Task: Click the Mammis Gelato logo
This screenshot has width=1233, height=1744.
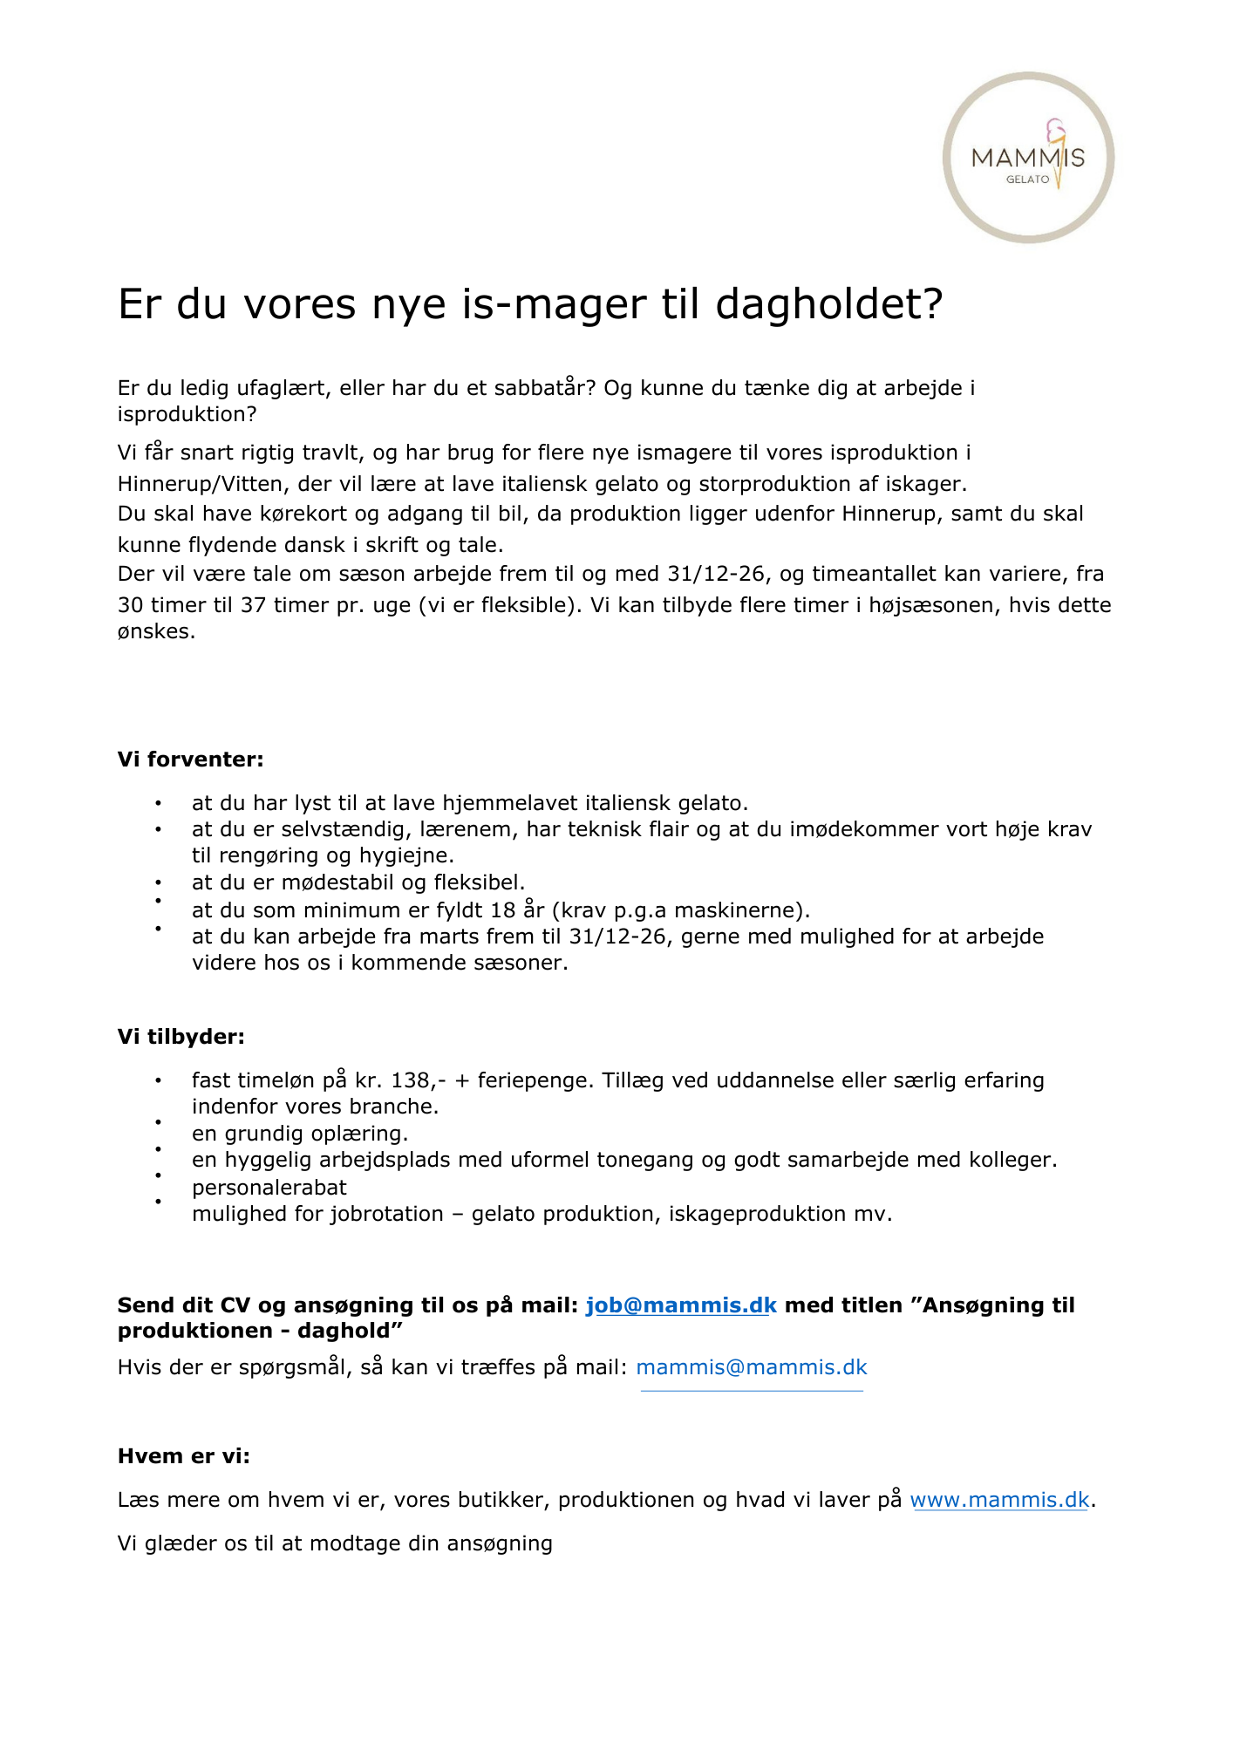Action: pos(1028,158)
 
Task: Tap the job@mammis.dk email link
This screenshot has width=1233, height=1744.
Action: pos(680,1305)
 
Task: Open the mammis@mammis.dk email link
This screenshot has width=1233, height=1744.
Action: pos(751,1367)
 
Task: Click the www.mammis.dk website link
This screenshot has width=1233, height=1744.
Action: pos(999,1500)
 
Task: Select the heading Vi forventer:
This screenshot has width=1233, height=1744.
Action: pos(190,760)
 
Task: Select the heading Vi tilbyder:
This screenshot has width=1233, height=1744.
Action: pos(181,1037)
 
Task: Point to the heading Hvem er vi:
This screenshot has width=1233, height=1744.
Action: pos(183,1456)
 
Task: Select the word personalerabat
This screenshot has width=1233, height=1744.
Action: pos(269,1188)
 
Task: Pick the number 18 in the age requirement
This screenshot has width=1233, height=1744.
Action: pos(503,910)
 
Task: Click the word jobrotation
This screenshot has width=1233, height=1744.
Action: pos(386,1214)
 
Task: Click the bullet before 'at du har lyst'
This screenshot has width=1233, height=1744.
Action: pos(158,803)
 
